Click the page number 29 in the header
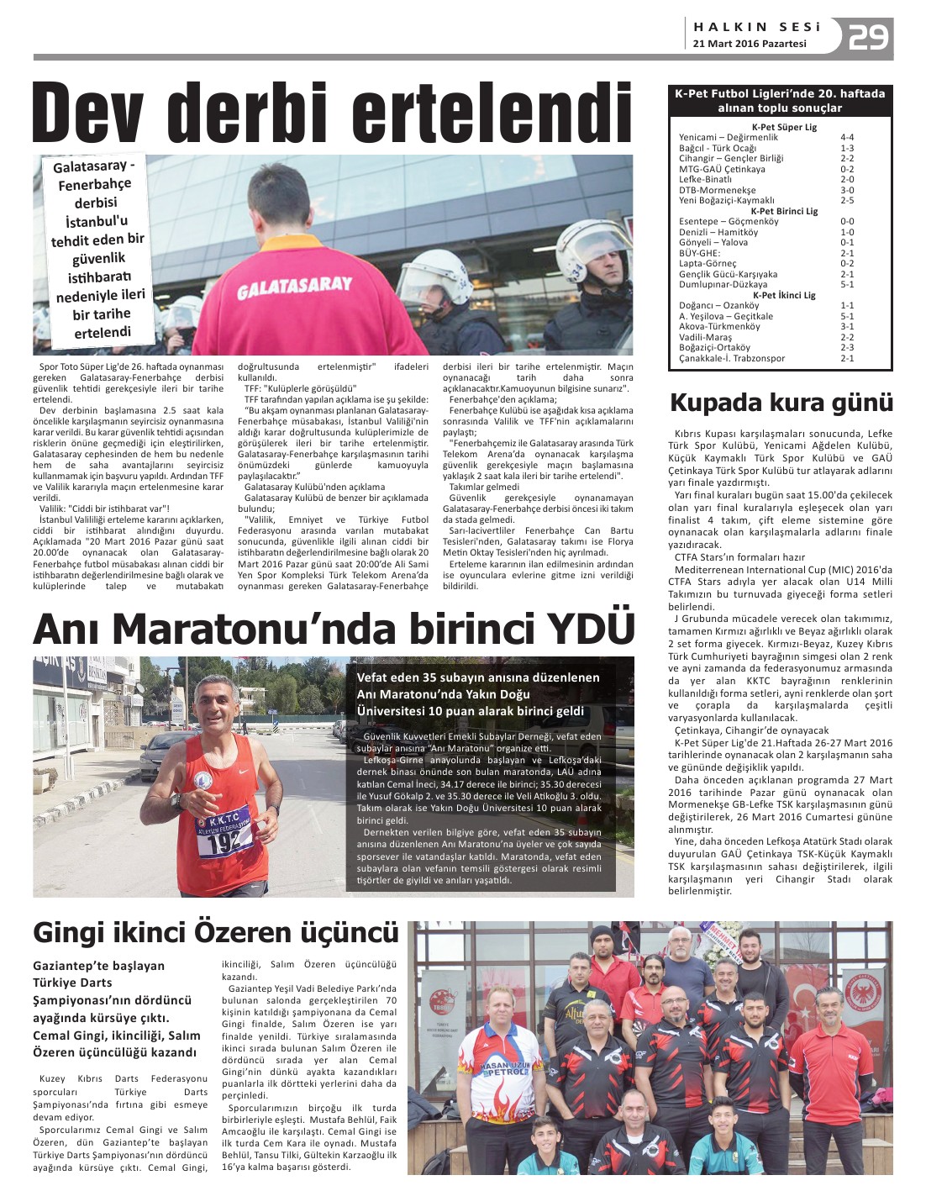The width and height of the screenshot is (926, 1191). [868, 38]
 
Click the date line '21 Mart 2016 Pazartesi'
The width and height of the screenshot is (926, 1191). [750, 44]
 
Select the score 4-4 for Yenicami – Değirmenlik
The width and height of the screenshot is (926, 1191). [847, 137]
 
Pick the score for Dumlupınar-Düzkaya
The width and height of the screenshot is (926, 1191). [847, 285]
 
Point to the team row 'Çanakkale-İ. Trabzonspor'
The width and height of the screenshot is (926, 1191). [732, 358]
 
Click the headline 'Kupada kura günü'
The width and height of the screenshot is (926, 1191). [781, 403]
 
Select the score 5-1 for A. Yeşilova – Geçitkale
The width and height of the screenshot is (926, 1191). [847, 316]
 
